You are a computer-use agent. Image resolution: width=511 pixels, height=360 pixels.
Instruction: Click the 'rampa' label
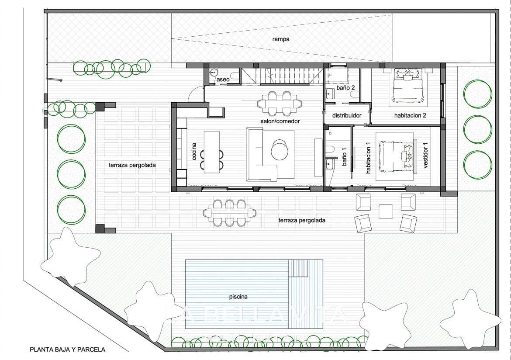pos(281,39)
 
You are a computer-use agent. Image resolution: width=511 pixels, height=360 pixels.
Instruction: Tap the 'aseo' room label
pos(223,80)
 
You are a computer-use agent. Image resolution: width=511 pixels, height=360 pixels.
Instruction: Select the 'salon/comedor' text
pos(280,121)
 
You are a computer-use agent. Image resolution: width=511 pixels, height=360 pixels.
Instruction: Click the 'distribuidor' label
pos(347,116)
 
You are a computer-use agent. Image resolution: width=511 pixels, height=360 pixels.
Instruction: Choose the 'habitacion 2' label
pos(410,116)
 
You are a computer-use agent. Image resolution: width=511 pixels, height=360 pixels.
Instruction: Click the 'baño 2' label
pos(345,88)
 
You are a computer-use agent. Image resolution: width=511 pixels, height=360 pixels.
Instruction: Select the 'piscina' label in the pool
pos(238,297)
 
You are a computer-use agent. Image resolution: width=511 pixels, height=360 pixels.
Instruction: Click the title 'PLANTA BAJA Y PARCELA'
pos(67,350)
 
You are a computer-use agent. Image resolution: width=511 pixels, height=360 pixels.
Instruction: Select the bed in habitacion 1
pos(396,156)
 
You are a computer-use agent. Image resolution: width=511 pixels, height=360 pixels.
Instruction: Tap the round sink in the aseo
pos(214,73)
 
